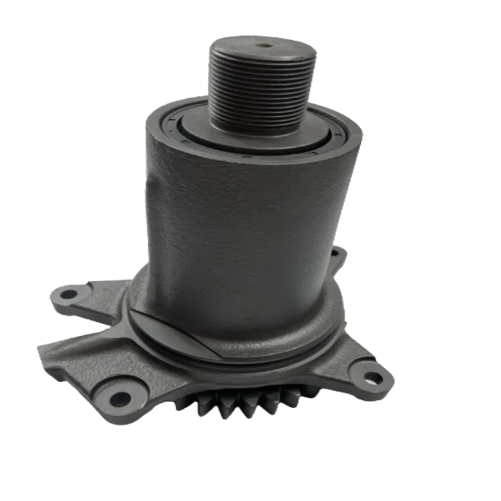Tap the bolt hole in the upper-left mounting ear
click(69, 293)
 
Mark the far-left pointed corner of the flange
click(37, 345)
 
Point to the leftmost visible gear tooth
click(179, 403)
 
